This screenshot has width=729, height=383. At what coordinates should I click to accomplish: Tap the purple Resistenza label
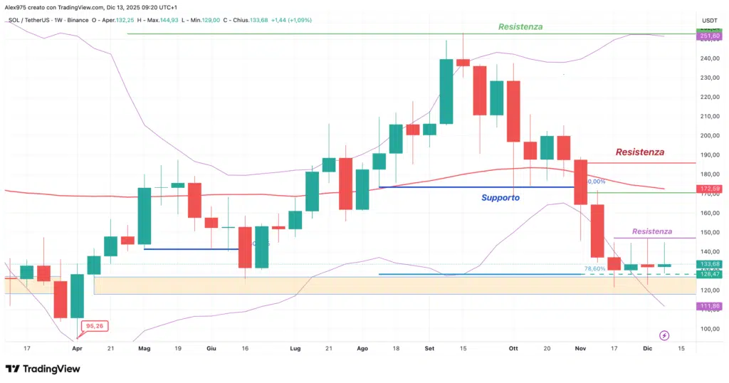click(651, 231)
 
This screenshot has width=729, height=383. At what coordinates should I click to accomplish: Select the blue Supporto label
click(500, 197)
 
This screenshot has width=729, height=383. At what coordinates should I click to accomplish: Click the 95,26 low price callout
click(96, 326)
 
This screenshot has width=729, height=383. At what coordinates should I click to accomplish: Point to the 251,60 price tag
click(710, 36)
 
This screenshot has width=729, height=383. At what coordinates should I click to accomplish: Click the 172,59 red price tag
click(710, 189)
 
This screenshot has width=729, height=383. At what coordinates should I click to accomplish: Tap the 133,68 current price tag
click(710, 264)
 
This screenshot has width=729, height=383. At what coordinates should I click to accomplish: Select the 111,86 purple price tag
click(710, 305)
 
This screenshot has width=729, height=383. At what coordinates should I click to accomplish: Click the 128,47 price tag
click(710, 273)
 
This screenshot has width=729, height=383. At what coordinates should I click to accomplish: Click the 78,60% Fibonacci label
click(594, 269)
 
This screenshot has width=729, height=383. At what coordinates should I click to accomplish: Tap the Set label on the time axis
click(429, 349)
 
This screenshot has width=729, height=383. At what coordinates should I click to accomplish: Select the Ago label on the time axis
click(362, 349)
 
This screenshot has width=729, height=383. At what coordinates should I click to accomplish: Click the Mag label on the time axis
click(145, 349)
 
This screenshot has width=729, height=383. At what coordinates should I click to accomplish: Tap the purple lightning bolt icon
click(664, 335)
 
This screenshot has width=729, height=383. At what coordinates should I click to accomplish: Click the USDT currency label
click(710, 20)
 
